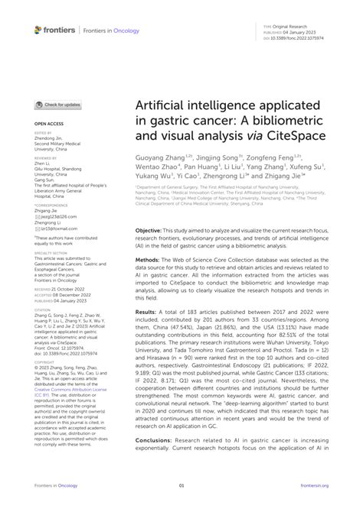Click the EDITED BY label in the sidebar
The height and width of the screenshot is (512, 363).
[x=43, y=132]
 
